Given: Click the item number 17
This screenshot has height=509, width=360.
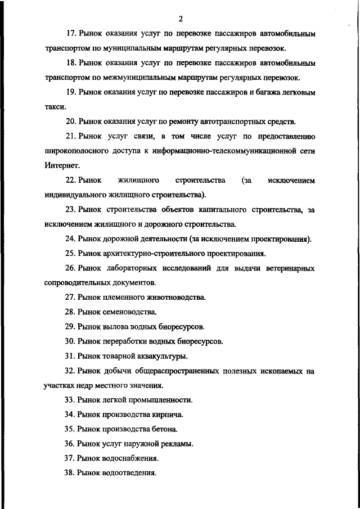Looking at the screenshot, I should [x=71, y=34].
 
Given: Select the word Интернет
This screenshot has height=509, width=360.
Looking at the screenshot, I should [x=58, y=166].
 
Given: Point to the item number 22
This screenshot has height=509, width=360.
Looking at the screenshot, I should [x=71, y=181].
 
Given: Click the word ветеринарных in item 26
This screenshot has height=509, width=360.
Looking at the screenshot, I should [x=290, y=268].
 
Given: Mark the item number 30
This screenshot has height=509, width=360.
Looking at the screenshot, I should [x=71, y=341].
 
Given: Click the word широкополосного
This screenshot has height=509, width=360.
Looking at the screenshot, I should [x=77, y=151].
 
